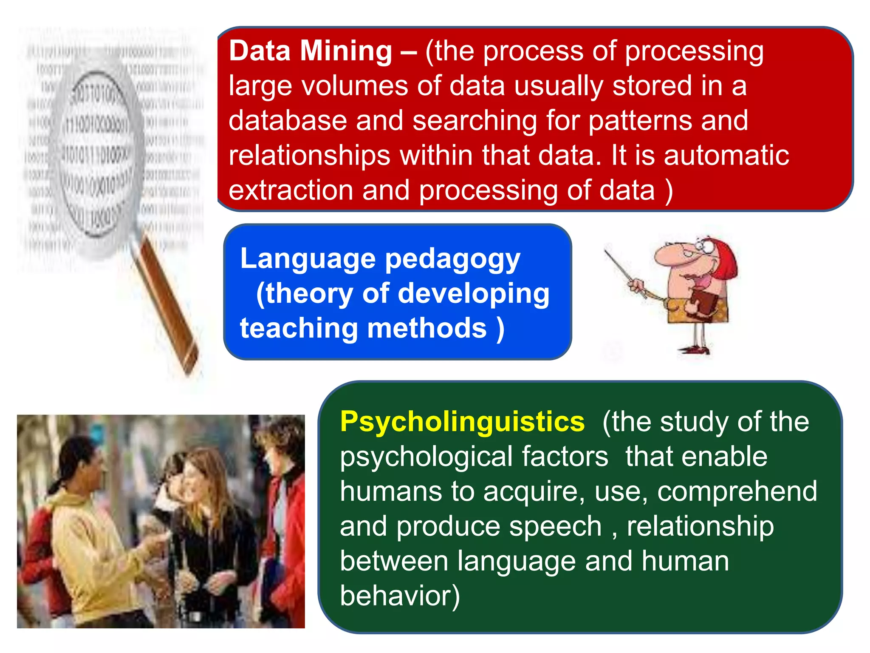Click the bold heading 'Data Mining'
pos(310,51)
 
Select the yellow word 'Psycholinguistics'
pos(462,422)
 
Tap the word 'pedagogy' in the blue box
pos(452,259)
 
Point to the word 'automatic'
pos(726,155)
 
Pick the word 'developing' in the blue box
pos(473,294)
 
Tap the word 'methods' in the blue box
pos(427,328)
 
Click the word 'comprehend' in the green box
pos(737,491)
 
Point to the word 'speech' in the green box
pos(555,526)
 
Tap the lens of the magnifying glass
pos(96,153)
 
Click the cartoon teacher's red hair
pos(724,259)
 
